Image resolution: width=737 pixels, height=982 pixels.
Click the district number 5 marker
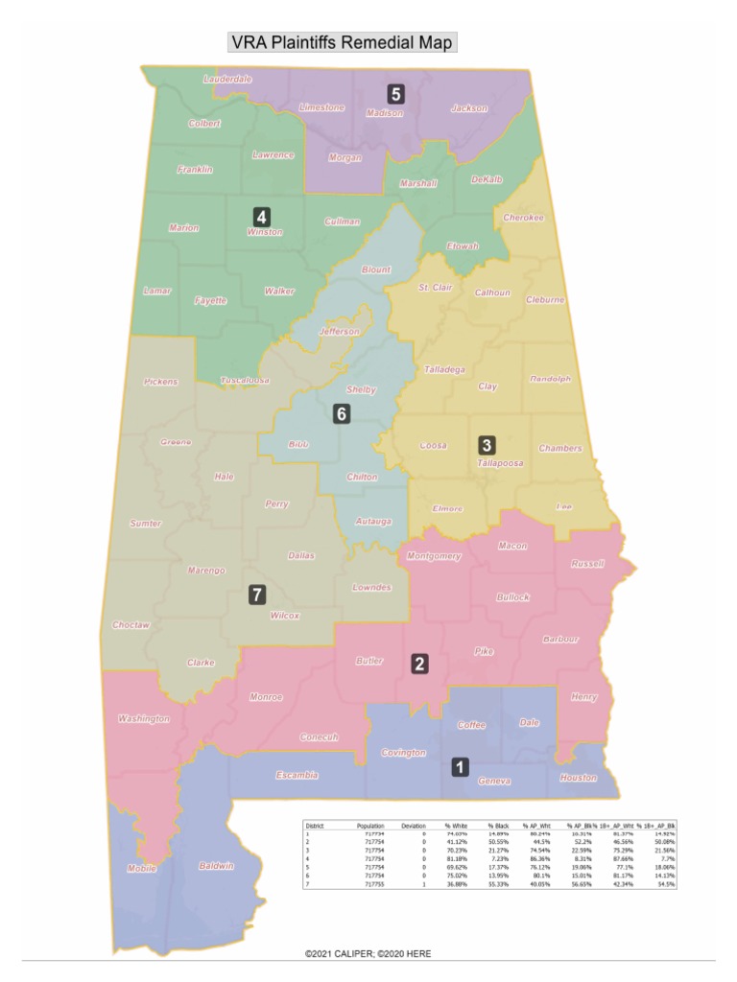click(395, 93)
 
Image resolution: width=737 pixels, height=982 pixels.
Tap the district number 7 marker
click(256, 595)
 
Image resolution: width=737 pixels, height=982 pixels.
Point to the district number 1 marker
click(461, 766)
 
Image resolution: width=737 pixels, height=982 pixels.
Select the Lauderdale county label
click(227, 79)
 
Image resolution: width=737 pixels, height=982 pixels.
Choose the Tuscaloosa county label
click(245, 380)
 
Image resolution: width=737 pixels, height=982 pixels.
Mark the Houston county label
click(578, 778)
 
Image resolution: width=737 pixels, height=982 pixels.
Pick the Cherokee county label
click(523, 218)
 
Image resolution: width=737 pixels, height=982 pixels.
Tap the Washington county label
click(143, 718)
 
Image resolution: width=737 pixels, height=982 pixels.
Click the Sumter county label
click(145, 523)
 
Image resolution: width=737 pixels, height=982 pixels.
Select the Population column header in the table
click(370, 825)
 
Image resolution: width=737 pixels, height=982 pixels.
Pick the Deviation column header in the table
click(414, 825)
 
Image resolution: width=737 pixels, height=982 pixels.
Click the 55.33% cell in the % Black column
click(497, 882)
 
